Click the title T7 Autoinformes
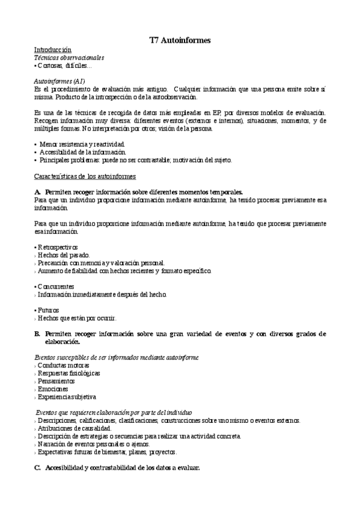[180, 40]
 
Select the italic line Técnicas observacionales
[69, 58]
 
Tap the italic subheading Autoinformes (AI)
[59, 81]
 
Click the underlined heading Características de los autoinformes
[85, 176]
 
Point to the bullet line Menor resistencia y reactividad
[82, 145]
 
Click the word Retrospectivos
[58, 247]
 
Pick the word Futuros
[49, 310]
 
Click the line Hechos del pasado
[64, 255]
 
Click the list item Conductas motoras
[63, 365]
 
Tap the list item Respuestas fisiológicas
[69, 373]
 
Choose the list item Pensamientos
[56, 381]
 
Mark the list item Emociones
[53, 389]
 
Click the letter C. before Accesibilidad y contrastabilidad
[37, 468]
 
